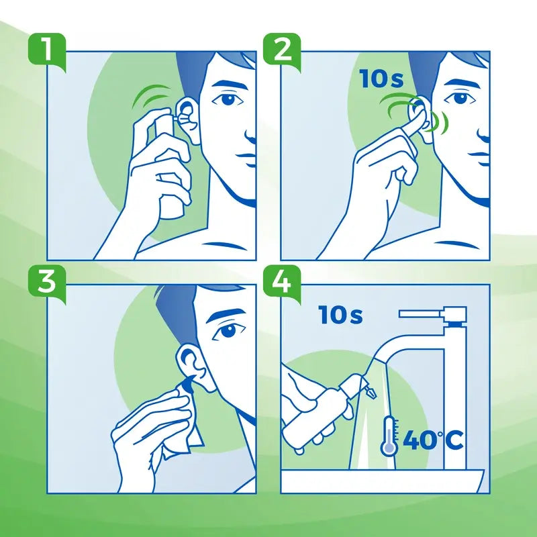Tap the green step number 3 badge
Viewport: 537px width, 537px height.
(x=46, y=281)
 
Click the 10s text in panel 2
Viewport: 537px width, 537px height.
(x=381, y=79)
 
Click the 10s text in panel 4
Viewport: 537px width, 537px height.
(x=340, y=314)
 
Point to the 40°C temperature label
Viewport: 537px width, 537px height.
(x=433, y=441)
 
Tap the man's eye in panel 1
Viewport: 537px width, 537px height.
(x=230, y=99)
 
